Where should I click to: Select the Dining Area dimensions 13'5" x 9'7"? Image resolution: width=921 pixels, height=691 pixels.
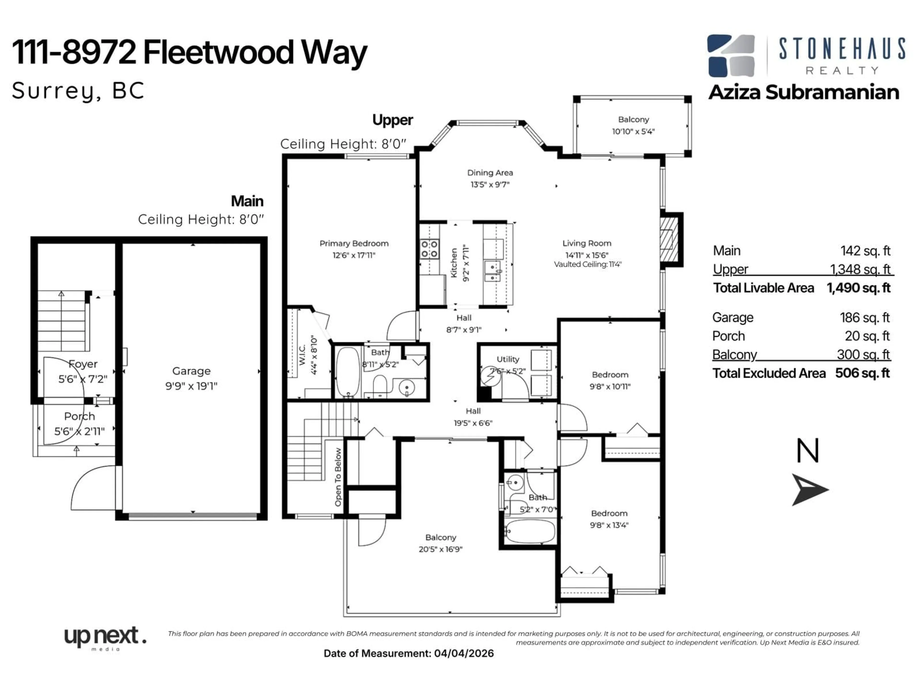point(490,185)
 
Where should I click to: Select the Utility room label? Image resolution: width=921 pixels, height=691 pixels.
point(508,359)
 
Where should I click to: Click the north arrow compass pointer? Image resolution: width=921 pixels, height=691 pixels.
point(809,489)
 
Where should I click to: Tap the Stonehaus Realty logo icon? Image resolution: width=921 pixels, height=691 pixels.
point(731,56)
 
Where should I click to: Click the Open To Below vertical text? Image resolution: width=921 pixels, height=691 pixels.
point(338,477)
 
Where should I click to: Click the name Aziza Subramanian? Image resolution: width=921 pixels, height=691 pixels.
point(803,92)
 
